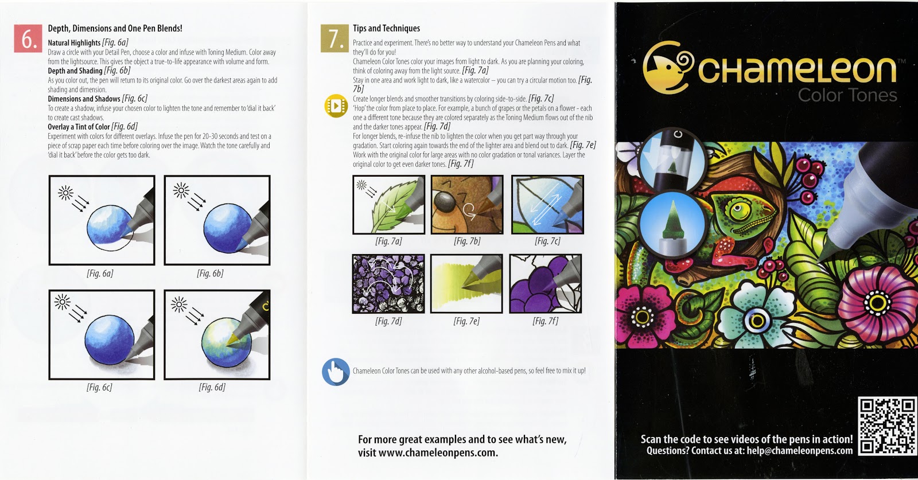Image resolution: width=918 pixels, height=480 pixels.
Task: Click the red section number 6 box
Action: (x=28, y=39)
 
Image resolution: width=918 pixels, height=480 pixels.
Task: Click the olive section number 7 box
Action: (x=334, y=39)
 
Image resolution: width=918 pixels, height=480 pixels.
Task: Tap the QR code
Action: (x=886, y=426)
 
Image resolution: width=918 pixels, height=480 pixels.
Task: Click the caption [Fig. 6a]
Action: (x=100, y=274)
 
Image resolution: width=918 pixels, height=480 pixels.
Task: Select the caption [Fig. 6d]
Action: (x=212, y=387)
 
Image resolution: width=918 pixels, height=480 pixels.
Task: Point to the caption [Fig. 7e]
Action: (x=466, y=321)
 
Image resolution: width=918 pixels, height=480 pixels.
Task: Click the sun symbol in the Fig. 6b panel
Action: (x=181, y=190)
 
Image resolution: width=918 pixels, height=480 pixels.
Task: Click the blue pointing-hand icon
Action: (x=336, y=372)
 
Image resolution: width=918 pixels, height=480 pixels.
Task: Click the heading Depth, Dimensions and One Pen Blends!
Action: (x=115, y=28)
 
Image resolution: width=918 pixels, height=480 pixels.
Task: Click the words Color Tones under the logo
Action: (x=847, y=95)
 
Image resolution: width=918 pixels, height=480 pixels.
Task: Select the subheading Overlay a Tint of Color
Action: (x=79, y=127)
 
